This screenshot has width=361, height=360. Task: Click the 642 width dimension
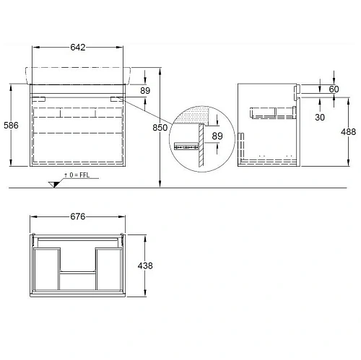click(x=78, y=48)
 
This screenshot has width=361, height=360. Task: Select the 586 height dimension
click(x=11, y=126)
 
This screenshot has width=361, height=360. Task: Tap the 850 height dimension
click(x=160, y=128)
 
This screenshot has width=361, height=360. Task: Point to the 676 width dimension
click(x=78, y=216)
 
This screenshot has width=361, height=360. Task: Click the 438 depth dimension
click(x=145, y=265)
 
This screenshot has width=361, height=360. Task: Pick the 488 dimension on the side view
click(x=348, y=132)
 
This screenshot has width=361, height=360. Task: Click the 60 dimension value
click(x=334, y=89)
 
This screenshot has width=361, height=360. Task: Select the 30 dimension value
click(x=320, y=118)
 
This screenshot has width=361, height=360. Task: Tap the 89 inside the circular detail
click(x=217, y=136)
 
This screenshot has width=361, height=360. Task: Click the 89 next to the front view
click(x=145, y=91)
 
